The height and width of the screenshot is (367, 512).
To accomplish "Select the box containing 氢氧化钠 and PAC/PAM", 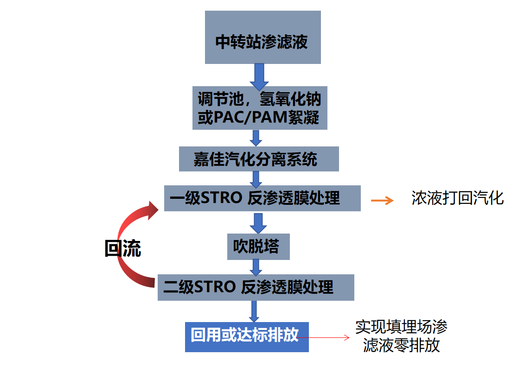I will pos(260,108).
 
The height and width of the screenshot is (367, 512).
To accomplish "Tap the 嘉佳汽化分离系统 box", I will pos(259,159).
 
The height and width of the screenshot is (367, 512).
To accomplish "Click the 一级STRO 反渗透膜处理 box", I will pos(262,198).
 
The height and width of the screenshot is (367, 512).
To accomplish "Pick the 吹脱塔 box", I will pos(259,247).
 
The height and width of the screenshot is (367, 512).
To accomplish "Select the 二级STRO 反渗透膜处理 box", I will pos(256,287).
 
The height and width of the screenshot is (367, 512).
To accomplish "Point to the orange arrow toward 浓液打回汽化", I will pos(382,200).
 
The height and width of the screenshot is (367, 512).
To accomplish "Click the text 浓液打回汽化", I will pos(457,198).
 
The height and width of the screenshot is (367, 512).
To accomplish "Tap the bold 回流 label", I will pos(122,249).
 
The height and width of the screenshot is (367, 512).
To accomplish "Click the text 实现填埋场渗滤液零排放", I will pos(401,336).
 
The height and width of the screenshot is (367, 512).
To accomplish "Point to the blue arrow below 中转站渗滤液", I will pos(259,76).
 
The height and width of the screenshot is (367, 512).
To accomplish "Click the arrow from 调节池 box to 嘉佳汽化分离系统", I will pos(256,138).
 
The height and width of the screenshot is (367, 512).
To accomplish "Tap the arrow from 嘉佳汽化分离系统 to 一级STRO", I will pos(256,178).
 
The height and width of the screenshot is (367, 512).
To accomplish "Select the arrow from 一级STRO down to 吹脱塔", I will pos(258,223).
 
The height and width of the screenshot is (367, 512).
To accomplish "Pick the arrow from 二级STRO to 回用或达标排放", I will pos(254,311).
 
